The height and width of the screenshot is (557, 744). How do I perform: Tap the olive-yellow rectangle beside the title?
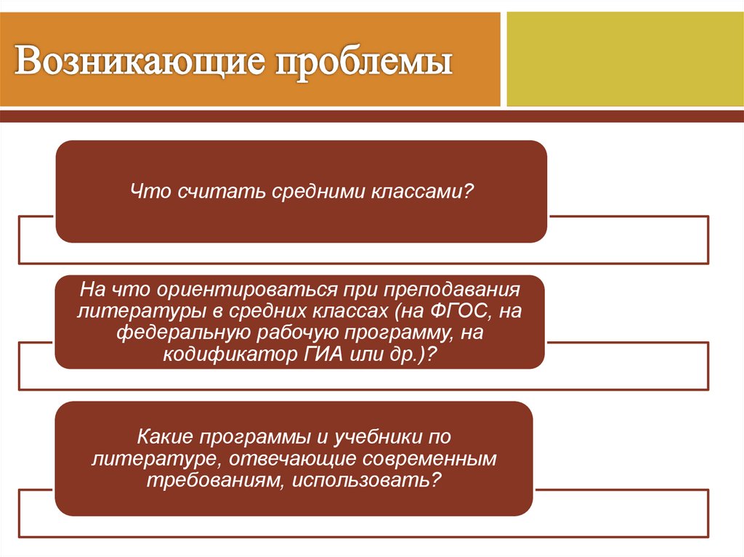[x=625, y=58]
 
